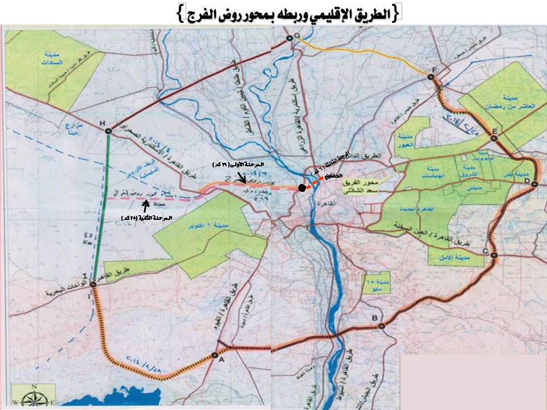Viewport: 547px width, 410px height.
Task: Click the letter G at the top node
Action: (x=296, y=36)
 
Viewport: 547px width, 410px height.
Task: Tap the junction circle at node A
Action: (x=215, y=355)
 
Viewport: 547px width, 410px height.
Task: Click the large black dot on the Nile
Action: (x=301, y=187)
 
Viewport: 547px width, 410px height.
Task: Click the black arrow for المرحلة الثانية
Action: (x=152, y=205)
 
